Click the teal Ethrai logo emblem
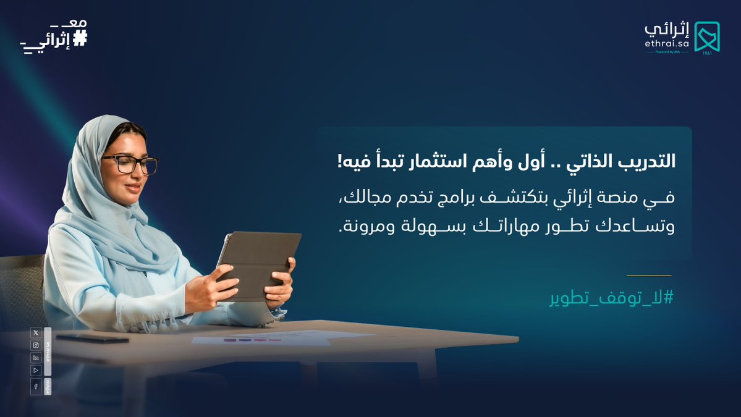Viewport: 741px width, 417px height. [x=706, y=36]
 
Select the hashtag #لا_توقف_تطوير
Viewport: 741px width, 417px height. [x=611, y=298]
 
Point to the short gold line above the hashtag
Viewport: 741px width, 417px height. [x=649, y=276]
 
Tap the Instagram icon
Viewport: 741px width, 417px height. [x=36, y=345]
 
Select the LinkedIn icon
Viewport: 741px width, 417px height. [x=36, y=358]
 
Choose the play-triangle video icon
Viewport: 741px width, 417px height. [x=36, y=370]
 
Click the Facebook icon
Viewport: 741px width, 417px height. [x=36, y=387]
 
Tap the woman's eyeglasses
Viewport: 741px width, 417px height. [x=130, y=164]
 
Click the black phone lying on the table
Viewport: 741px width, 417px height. [x=92, y=339]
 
